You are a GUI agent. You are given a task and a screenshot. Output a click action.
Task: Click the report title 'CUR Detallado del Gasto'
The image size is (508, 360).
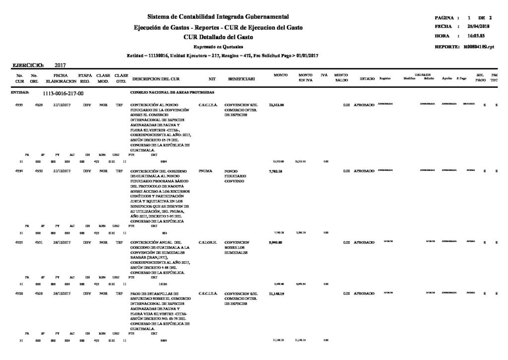click(218, 37)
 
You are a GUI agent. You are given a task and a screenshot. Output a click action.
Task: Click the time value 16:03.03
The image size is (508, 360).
click(475, 36)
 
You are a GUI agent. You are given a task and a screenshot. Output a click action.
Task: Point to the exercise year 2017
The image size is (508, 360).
click(61, 65)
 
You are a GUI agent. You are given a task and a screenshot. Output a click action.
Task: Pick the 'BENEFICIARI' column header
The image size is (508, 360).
click(242, 79)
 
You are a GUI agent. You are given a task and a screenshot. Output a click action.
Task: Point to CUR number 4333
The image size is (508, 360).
click(20, 106)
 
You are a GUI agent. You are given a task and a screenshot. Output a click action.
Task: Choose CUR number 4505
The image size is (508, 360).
click(20, 242)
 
